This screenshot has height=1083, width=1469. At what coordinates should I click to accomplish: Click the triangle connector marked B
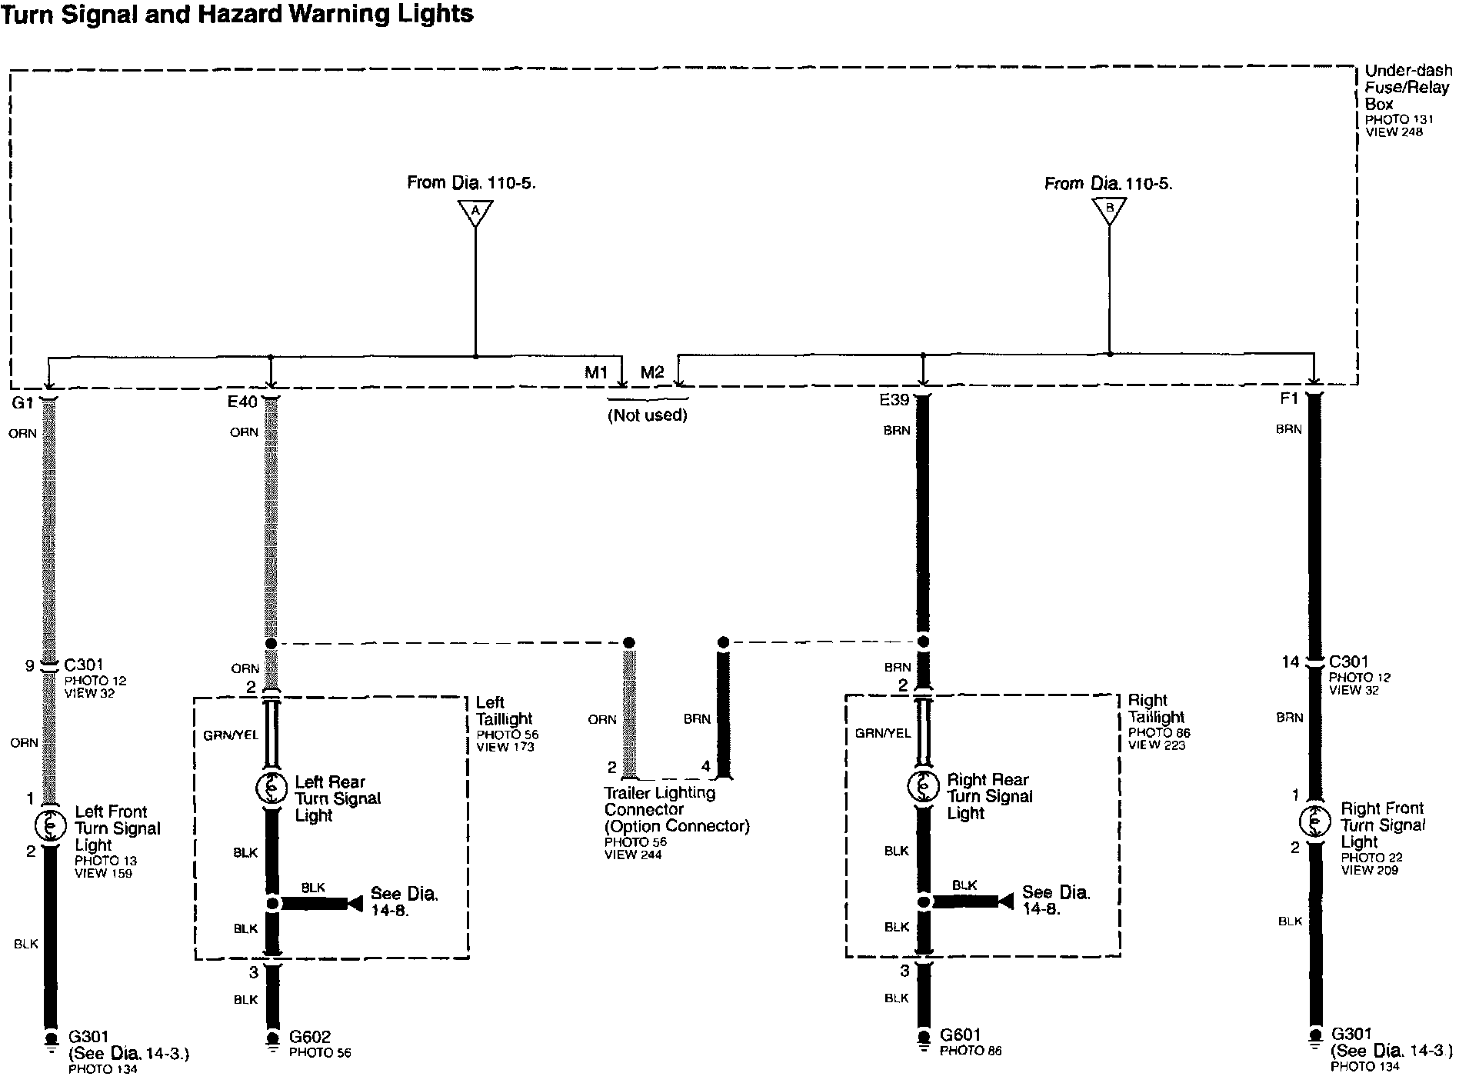pyautogui.click(x=1109, y=210)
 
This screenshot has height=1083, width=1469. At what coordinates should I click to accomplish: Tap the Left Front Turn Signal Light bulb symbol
pyautogui.click(x=49, y=825)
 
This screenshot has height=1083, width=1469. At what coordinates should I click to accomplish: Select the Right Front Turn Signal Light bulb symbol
pyautogui.click(x=1314, y=821)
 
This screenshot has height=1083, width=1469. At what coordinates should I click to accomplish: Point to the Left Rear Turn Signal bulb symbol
pyautogui.click(x=271, y=788)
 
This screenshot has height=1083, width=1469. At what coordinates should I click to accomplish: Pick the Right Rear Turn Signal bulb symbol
pyautogui.click(x=923, y=785)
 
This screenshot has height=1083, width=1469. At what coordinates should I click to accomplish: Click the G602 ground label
pyautogui.click(x=309, y=1037)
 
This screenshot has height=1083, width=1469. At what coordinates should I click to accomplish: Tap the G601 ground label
pyautogui.click(x=960, y=1035)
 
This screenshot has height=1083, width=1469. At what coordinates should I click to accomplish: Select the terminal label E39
pyautogui.click(x=894, y=401)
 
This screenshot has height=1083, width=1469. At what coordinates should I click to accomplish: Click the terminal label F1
pyautogui.click(x=1289, y=398)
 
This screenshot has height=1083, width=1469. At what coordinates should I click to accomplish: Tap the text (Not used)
pyautogui.click(x=648, y=416)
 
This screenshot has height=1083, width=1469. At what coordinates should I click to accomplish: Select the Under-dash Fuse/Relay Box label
pyautogui.click(x=1406, y=87)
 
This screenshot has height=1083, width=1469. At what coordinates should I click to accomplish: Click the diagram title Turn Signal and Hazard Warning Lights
pyautogui.click(x=237, y=14)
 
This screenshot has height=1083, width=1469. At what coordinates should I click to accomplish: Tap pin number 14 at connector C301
pyautogui.click(x=1290, y=662)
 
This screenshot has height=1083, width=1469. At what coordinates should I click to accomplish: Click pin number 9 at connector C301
pyautogui.click(x=30, y=665)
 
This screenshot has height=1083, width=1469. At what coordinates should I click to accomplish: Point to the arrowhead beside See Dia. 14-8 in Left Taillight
pyautogui.click(x=355, y=904)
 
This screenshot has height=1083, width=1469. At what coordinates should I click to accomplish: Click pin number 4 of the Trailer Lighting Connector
pyautogui.click(x=706, y=767)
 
